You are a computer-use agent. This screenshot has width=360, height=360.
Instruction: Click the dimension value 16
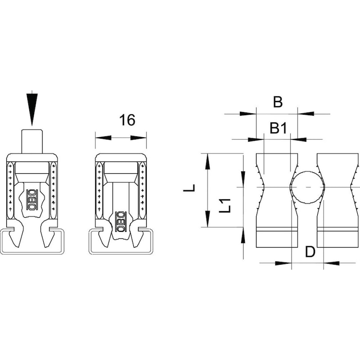click(127, 120)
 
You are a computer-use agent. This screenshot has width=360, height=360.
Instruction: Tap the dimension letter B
click(278, 102)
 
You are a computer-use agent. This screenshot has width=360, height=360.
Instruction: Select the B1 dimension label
click(278, 128)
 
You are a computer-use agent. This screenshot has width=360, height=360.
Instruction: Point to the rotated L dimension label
click(189, 188)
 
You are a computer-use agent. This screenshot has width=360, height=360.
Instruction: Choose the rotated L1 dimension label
click(225, 205)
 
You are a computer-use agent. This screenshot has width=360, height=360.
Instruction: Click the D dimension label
click(310, 252)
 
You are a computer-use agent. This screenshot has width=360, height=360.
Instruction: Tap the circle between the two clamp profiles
click(307, 187)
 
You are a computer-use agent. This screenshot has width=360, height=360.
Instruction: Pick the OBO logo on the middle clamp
click(121, 221)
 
